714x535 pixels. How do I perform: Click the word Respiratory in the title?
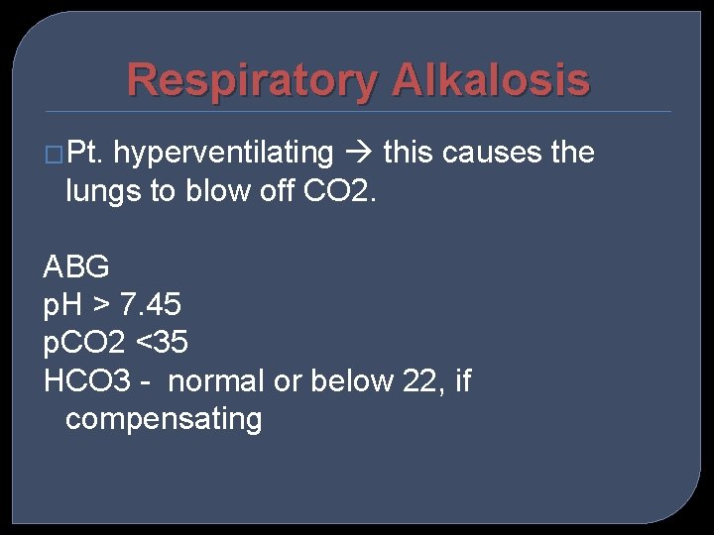point(253,80)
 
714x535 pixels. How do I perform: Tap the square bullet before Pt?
point(54,155)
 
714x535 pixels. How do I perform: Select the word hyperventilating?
point(223,154)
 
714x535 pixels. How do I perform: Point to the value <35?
point(162,343)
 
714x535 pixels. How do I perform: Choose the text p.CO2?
point(84,343)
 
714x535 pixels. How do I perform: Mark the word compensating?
point(164,419)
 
